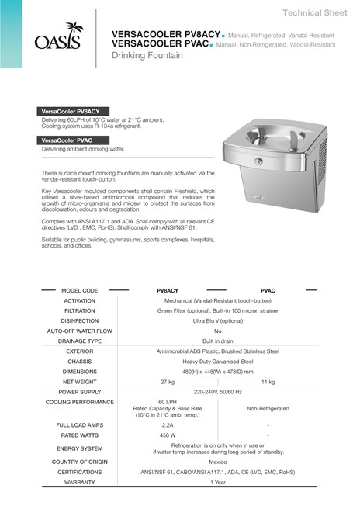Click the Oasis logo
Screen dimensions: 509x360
tap(57, 37)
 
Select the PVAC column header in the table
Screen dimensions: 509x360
tap(268, 289)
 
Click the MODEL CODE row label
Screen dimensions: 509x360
tap(80, 289)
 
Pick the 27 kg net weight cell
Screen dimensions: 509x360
tap(167, 382)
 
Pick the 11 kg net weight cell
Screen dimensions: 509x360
tap(268, 382)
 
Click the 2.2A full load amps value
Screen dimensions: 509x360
tap(167, 425)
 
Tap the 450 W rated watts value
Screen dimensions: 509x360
tap(167, 435)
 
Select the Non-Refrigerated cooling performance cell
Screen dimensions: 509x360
tap(268, 408)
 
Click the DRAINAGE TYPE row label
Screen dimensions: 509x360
tap(80, 341)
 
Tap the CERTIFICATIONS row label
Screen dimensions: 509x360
tap(80, 471)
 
